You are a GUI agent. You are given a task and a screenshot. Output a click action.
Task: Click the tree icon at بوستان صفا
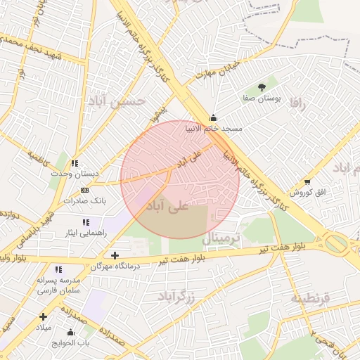point(262,87)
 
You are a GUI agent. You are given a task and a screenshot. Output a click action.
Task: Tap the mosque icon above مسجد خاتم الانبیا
point(214,117)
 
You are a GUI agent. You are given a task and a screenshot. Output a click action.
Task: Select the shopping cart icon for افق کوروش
point(307,181)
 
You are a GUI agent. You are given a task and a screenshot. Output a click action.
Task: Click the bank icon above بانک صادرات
point(85,190)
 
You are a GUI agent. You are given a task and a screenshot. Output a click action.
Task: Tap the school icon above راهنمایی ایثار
point(86,221)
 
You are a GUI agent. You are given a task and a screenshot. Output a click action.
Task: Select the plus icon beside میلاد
point(43,317)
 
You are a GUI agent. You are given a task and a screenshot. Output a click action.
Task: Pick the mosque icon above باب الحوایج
point(70,332)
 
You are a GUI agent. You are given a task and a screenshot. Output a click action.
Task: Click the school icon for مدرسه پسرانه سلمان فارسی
point(58,269)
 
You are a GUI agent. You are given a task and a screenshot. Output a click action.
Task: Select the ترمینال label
point(221,239)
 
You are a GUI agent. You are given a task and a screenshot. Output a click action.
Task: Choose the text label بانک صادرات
point(84,200)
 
